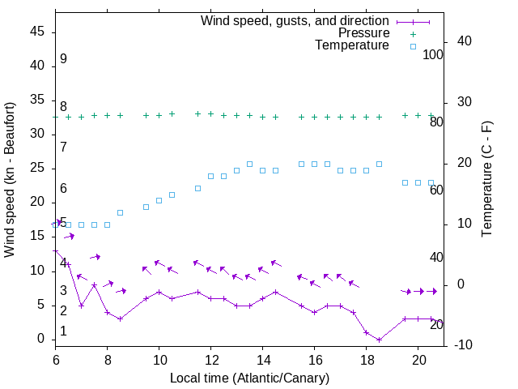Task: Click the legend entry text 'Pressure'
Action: [x=363, y=33]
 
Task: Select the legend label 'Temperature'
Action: [x=352, y=45]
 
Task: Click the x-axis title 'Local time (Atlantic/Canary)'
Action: [x=249, y=378]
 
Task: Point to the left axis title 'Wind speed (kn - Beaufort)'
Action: [x=10, y=180]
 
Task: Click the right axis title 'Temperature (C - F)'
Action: [x=487, y=180]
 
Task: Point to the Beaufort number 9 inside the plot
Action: [x=63, y=59]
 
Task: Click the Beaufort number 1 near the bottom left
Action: [x=63, y=331]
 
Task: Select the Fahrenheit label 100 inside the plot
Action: [x=433, y=55]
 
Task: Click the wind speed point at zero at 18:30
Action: [x=379, y=340]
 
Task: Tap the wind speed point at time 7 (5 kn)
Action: [x=81, y=306]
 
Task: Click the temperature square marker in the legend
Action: [x=413, y=46]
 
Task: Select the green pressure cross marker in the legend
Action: [x=413, y=34]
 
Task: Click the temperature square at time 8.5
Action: [x=120, y=212]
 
